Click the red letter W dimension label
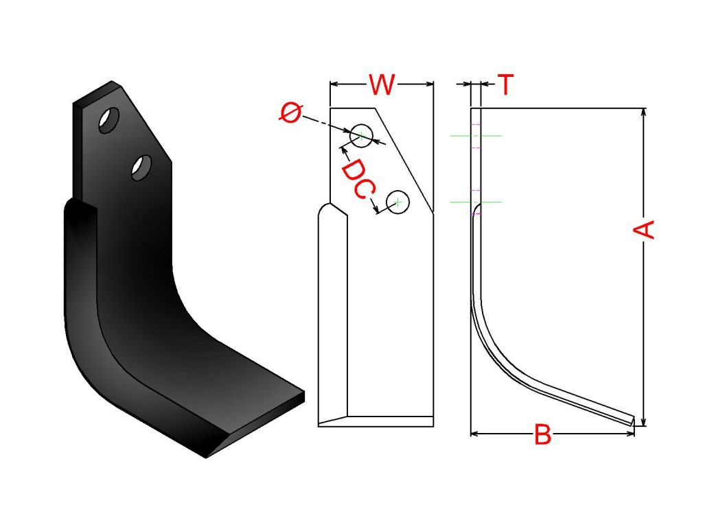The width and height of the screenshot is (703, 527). (x=382, y=84)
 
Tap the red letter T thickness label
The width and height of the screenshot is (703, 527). (x=505, y=84)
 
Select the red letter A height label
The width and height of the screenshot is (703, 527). (x=644, y=229)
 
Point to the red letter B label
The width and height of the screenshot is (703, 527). (x=543, y=434)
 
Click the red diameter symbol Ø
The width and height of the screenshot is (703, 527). (x=290, y=112)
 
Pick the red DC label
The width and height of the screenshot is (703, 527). (x=357, y=178)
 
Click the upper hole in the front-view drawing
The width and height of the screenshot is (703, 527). (x=361, y=136)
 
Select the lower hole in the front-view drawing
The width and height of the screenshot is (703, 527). (x=397, y=202)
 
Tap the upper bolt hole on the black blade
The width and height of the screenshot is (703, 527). (x=109, y=120)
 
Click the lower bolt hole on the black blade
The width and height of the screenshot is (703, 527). (x=141, y=168)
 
